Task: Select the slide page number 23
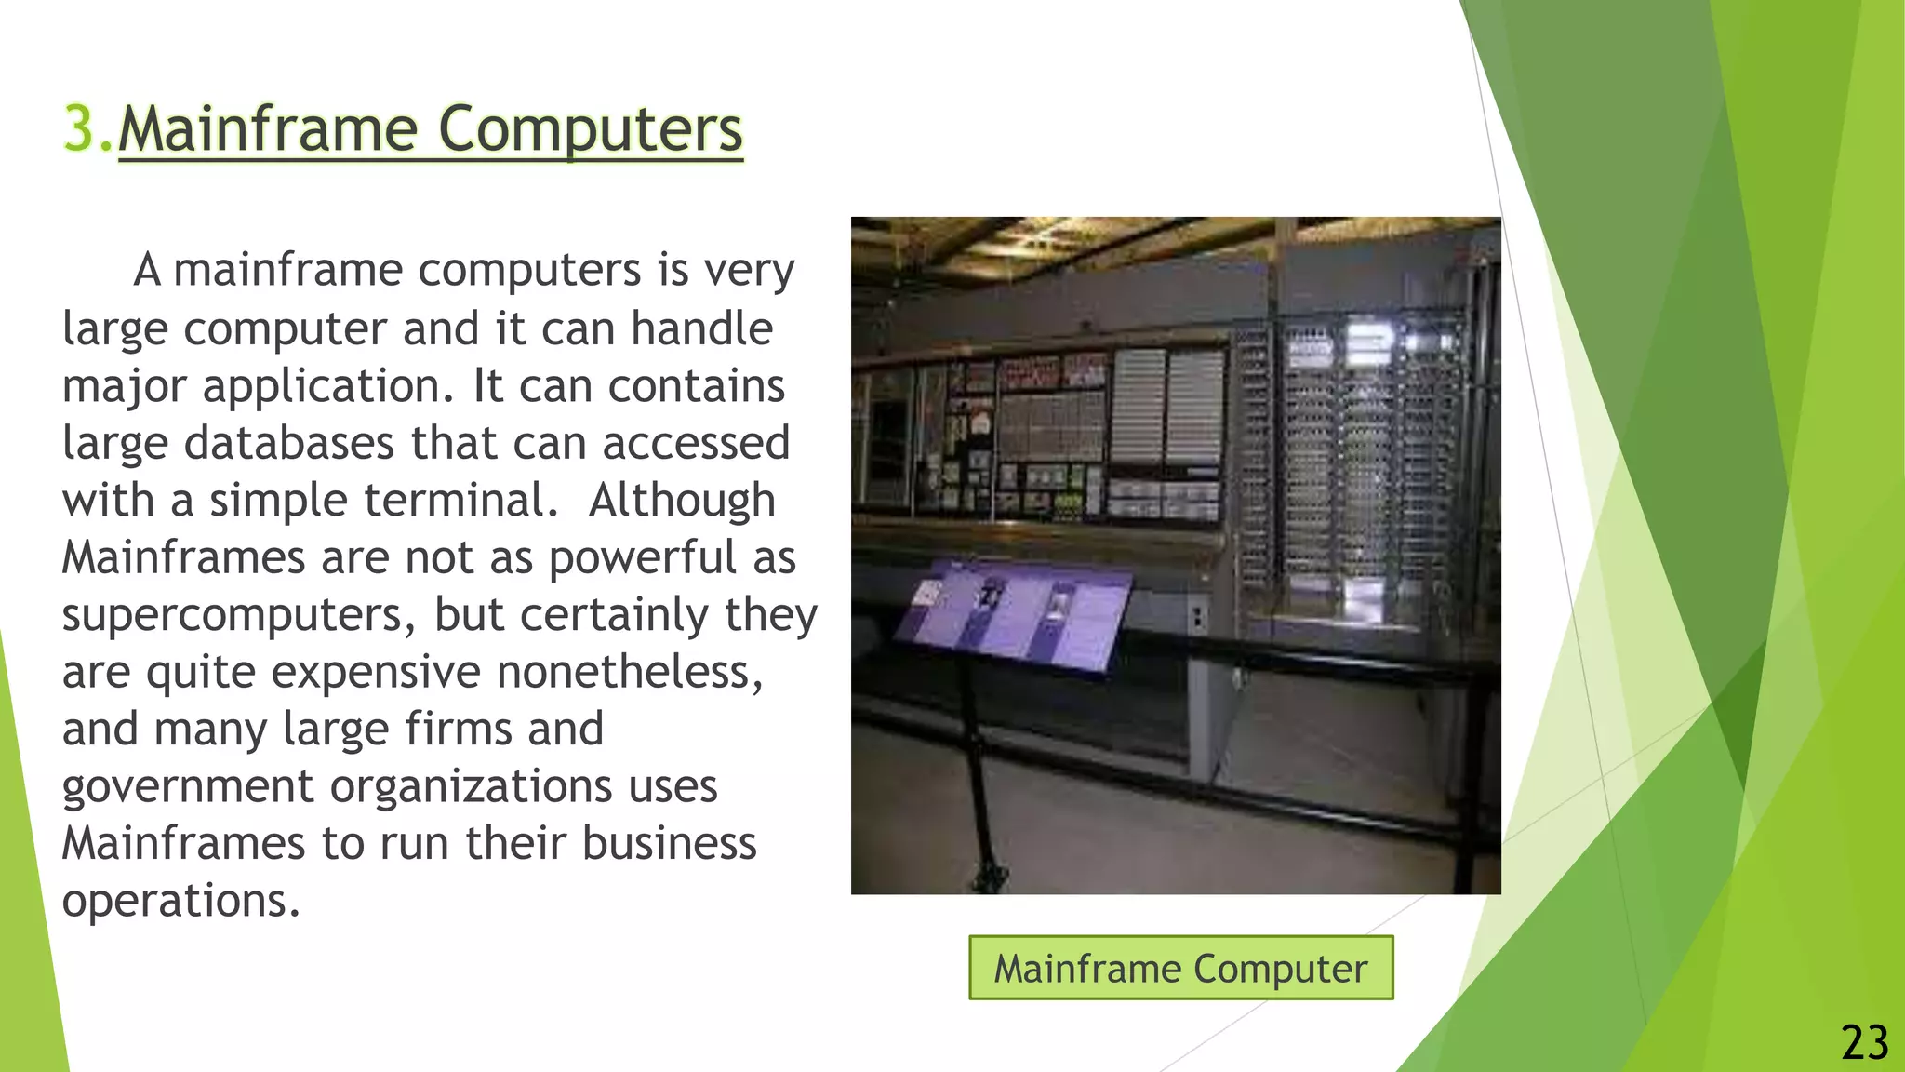pyautogui.click(x=1864, y=1042)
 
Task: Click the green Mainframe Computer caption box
pyautogui.click(x=1180, y=969)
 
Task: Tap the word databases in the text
pyautogui.click(x=288, y=443)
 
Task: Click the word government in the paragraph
pyautogui.click(x=188, y=787)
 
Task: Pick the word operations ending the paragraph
pyautogui.click(x=180, y=901)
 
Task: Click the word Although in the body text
pyautogui.click(x=682, y=501)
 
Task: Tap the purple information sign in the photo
pyautogui.click(x=1014, y=614)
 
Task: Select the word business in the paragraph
pyautogui.click(x=669, y=844)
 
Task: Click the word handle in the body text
pyautogui.click(x=701, y=328)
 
